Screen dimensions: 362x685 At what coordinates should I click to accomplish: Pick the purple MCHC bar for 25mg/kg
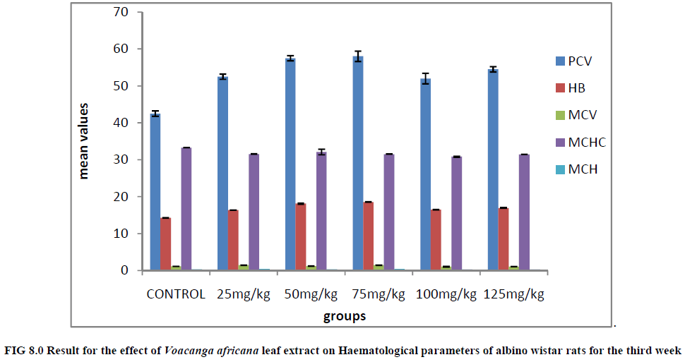tap(254, 212)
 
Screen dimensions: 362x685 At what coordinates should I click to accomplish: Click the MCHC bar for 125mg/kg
tap(524, 212)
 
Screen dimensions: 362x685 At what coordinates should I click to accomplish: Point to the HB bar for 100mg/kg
tap(436, 240)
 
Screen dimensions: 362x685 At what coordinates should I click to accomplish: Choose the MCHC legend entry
tap(587, 143)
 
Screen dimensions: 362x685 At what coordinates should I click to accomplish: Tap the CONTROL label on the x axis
tap(176, 294)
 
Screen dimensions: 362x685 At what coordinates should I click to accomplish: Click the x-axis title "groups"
tap(345, 317)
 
